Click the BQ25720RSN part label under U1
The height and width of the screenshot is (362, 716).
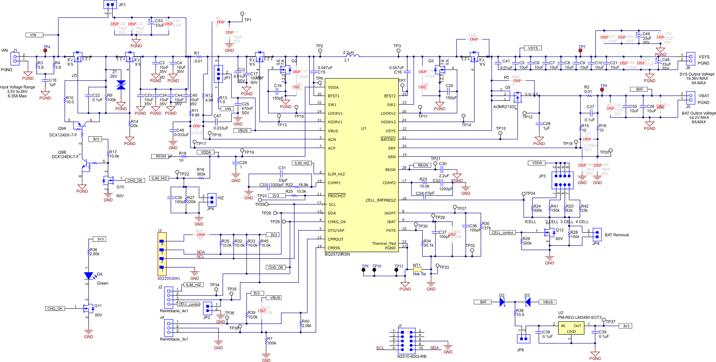[x=337, y=254]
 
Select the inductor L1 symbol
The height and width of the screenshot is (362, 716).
[x=352, y=55]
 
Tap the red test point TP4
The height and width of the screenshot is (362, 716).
[x=45, y=51]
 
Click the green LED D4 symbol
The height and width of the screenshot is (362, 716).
[x=89, y=276]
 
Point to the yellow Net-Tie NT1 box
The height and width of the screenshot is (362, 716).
[x=417, y=269]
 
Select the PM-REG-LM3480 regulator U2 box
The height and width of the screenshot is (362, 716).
[x=571, y=328]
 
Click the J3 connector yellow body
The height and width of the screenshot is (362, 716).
[x=162, y=254]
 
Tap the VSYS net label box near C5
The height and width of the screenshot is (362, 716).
[x=533, y=48]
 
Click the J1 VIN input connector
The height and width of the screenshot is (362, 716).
[x=15, y=58]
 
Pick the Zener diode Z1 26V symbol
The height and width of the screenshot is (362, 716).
[x=121, y=85]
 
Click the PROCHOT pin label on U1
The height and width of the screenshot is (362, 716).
[x=337, y=196]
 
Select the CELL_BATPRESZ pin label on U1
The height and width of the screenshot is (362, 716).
[x=380, y=200]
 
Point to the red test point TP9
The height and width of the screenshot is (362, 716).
[x=602, y=90]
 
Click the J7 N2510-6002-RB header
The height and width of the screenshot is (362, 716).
[x=406, y=340]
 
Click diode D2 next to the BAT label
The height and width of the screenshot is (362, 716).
[x=502, y=302]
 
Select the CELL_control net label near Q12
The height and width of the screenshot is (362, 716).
[x=502, y=232]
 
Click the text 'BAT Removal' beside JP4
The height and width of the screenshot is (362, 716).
[x=617, y=235]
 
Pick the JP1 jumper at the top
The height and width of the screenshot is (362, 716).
[x=110, y=4]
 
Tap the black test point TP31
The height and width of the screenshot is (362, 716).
[x=396, y=270]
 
